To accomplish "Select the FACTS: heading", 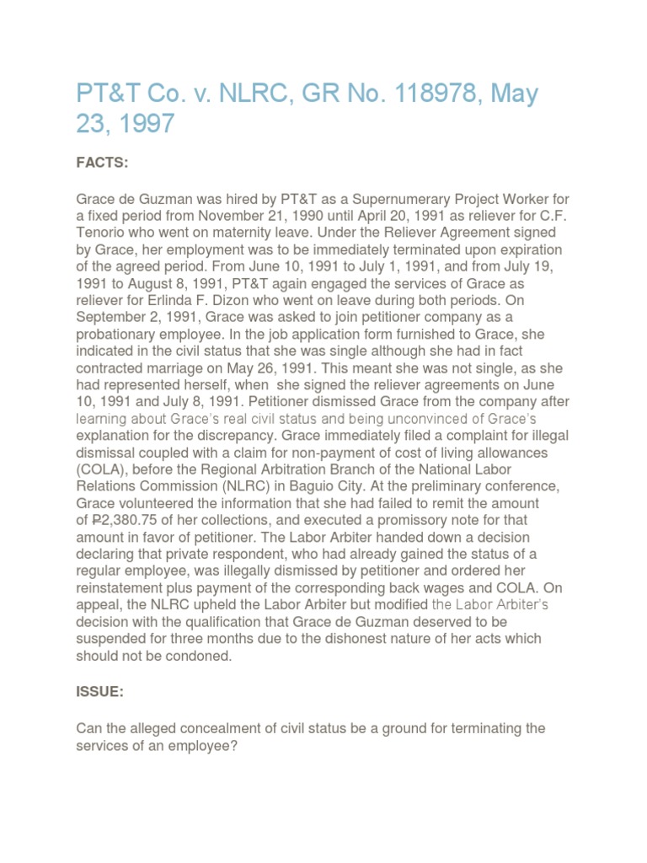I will [x=102, y=163].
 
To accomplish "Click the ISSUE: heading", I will [x=100, y=693].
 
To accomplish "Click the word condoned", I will [x=200, y=656].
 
